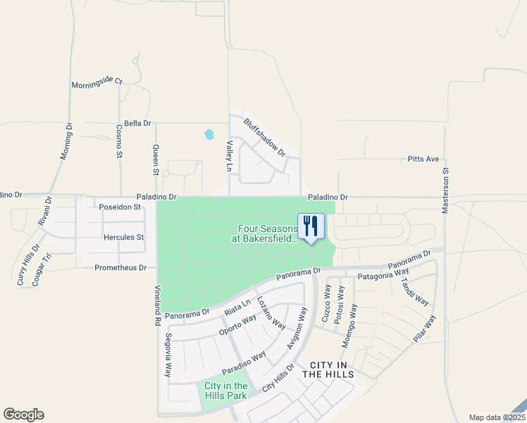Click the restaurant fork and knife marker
(311, 226)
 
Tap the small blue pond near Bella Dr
(209, 134)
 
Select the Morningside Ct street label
(97, 84)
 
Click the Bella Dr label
(137, 123)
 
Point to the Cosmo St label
(119, 142)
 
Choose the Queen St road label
(156, 160)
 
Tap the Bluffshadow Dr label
(265, 137)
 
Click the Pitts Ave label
(423, 159)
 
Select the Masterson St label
(445, 190)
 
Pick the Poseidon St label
(120, 207)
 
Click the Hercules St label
(123, 238)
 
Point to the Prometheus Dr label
(120, 268)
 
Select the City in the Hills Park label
(225, 391)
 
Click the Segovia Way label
(168, 356)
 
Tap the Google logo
(23, 415)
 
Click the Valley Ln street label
(229, 156)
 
